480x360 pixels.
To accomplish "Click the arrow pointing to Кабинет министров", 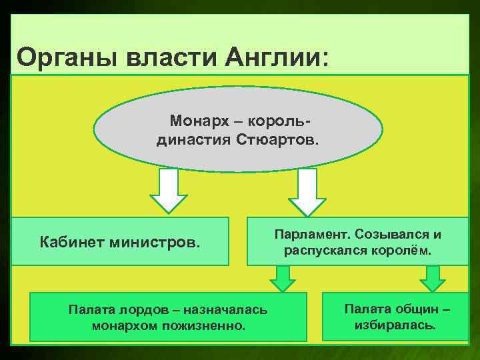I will [x=168, y=191].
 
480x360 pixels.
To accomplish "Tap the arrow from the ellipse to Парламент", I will [x=306, y=191].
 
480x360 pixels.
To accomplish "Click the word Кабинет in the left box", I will [x=67, y=240].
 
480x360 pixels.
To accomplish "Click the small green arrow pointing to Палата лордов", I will [x=283, y=278].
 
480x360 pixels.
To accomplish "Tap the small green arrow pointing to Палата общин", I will [x=433, y=278].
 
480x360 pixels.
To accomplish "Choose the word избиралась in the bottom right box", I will [x=397, y=326].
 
